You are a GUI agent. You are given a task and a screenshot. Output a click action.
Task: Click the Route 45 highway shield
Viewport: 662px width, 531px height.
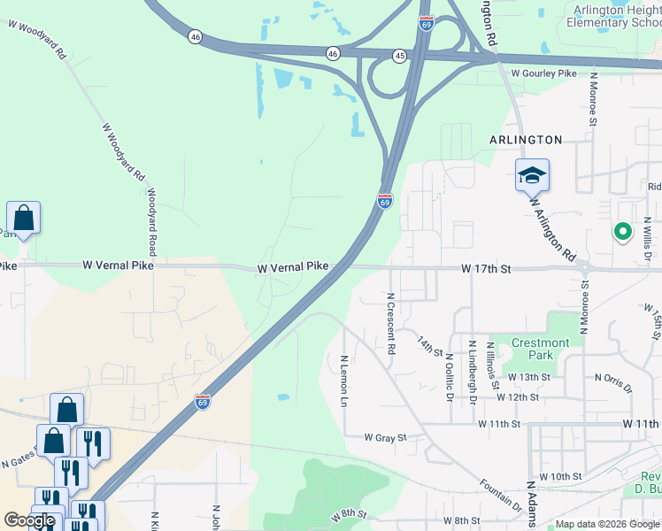pyautogui.click(x=400, y=56)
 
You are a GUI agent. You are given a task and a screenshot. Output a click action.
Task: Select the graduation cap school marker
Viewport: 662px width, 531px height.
pyautogui.click(x=532, y=176)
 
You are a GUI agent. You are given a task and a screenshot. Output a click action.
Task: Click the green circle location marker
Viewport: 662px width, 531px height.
pyautogui.click(x=622, y=232)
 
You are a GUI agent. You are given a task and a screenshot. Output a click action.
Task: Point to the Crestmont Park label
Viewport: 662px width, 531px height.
pyautogui.click(x=541, y=349)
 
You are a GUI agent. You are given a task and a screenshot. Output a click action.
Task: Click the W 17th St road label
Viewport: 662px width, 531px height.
pyautogui.click(x=487, y=268)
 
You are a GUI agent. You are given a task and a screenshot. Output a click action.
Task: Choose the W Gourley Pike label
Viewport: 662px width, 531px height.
pyautogui.click(x=543, y=73)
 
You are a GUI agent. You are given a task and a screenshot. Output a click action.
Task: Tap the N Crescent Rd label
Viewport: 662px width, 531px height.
pyautogui.click(x=390, y=325)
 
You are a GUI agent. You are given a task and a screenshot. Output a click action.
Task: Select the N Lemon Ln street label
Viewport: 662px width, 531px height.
pyautogui.click(x=343, y=381)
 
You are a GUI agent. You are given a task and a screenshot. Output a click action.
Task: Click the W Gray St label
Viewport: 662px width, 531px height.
pyautogui.click(x=385, y=437)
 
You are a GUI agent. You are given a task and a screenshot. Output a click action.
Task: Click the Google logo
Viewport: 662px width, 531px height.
pyautogui.click(x=29, y=520)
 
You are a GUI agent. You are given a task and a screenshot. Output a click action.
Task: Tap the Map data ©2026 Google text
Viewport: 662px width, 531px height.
pyautogui.click(x=607, y=525)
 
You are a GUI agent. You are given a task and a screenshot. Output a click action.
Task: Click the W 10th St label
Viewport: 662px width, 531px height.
pyautogui.click(x=559, y=476)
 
